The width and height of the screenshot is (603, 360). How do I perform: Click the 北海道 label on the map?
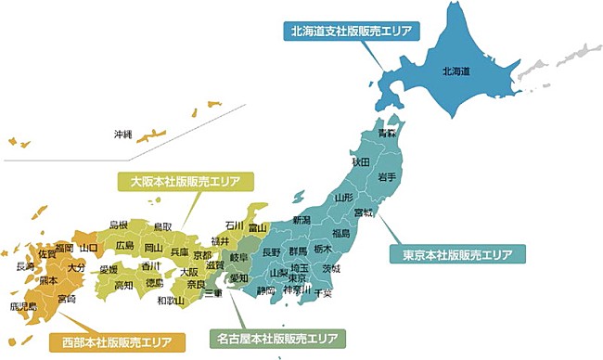[x=456, y=71]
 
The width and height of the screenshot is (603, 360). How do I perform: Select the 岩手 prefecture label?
[x=388, y=176]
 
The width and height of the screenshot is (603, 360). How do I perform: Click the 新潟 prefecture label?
[x=301, y=220]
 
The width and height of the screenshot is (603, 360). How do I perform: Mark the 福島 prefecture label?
[x=341, y=233]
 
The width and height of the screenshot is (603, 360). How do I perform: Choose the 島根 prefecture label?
[x=119, y=225]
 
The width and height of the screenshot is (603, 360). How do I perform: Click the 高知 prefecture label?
[x=124, y=286]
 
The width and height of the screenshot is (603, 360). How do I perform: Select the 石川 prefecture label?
[x=235, y=225]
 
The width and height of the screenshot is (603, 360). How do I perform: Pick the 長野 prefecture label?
[x=272, y=251]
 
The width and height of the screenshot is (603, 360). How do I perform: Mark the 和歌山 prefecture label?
[x=170, y=301]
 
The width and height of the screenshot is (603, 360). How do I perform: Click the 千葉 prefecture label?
[x=324, y=292]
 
